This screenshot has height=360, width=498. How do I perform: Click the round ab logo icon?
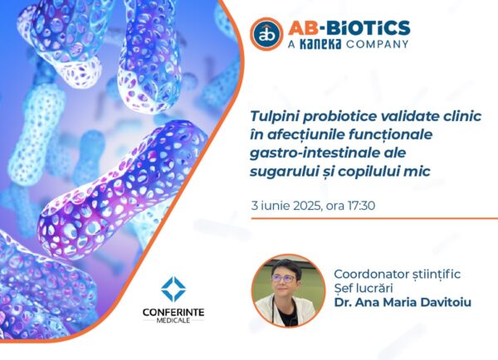pyautogui.click(x=266, y=34)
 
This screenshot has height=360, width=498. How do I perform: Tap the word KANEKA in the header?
pyautogui.click(x=320, y=44)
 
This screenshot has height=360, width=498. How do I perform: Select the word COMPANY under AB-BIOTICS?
pyautogui.click(x=377, y=44)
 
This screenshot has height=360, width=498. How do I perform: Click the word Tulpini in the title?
pyautogui.click(x=274, y=116)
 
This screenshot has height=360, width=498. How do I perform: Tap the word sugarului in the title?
pyautogui.click(x=284, y=172)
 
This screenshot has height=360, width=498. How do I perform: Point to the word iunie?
pyautogui.click(x=275, y=206)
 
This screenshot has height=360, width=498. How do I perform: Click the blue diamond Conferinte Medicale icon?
pyautogui.click(x=173, y=289)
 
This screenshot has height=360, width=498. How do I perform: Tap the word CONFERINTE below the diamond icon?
pyautogui.click(x=173, y=313)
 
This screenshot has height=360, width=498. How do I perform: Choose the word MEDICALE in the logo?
pyautogui.click(x=173, y=320)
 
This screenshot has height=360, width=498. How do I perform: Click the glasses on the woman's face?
pyautogui.click(x=284, y=279)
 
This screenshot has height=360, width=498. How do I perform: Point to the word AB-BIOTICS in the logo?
pyautogui.click(x=349, y=27)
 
